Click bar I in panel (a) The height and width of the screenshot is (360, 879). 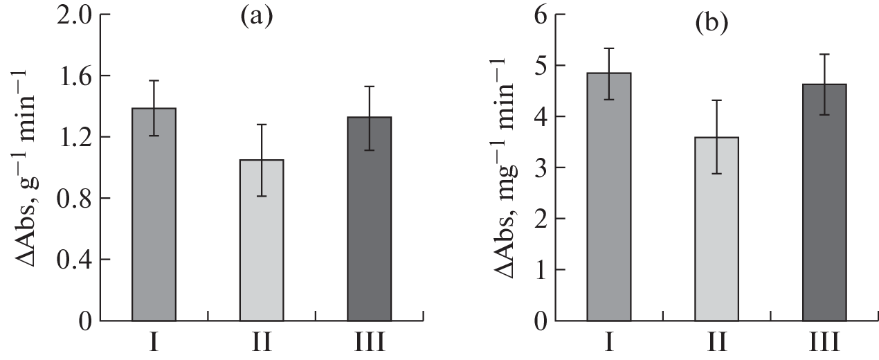point(154,215)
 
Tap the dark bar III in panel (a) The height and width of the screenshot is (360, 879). point(369,219)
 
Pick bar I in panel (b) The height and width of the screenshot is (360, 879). point(608,197)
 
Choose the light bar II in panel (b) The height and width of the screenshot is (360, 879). point(716,229)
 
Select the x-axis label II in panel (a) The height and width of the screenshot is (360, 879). point(261,343)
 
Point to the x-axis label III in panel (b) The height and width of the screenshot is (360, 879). point(824,343)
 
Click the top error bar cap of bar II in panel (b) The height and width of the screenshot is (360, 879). point(716,100)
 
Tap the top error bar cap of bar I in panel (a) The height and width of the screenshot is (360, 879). point(154,80)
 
